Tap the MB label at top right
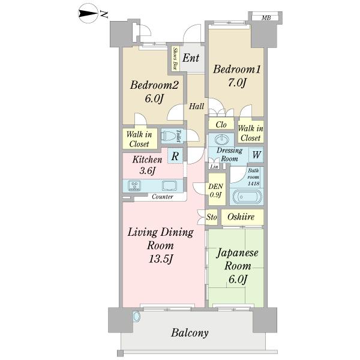coord(265,19)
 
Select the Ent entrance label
coord(191,58)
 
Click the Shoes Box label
coord(175,59)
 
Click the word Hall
coord(196,106)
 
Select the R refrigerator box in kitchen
coord(174,156)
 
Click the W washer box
coord(256,155)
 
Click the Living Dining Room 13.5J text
coord(159,245)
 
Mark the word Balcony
coord(190,333)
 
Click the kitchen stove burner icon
coord(133,185)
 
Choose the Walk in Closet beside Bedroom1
coord(250,133)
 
